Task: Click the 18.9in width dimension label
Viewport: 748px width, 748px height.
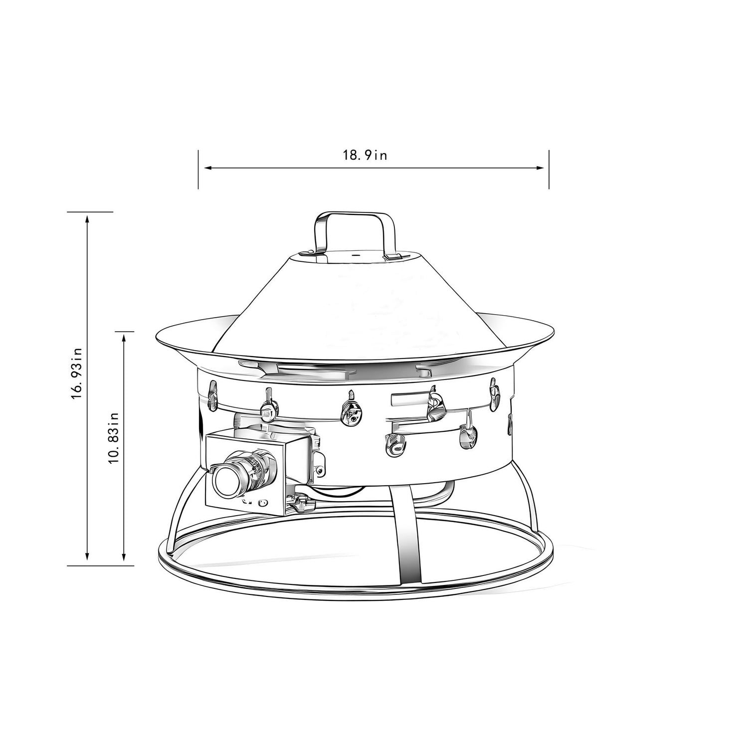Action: coord(365,156)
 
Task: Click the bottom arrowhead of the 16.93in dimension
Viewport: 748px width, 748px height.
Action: coord(87,557)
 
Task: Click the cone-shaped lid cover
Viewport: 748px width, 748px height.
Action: coord(349,304)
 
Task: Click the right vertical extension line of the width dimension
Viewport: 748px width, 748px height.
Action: coord(549,170)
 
